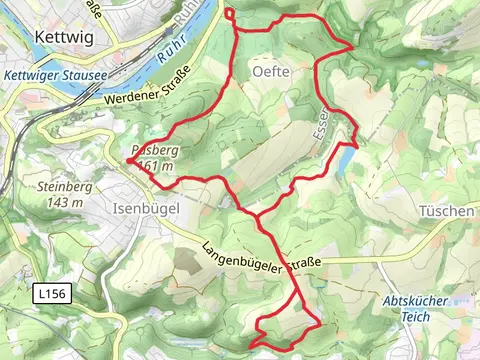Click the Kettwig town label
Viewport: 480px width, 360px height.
click(64, 35)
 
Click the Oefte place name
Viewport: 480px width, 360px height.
click(272, 72)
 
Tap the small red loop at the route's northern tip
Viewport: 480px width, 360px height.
click(230, 13)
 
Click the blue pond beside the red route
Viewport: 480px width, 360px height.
click(345, 159)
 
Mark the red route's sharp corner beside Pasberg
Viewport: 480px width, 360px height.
click(129, 160)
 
